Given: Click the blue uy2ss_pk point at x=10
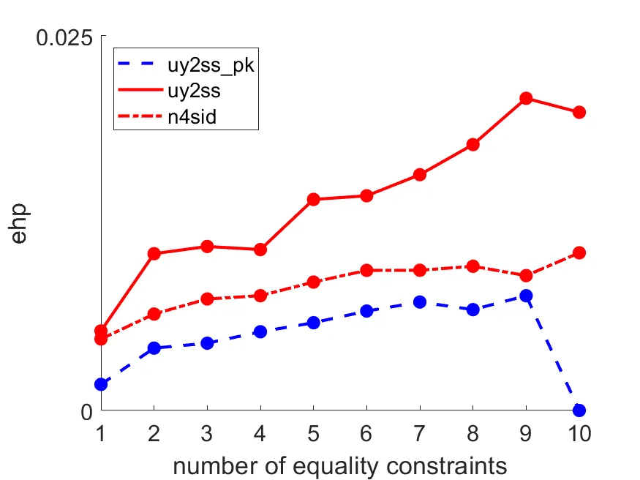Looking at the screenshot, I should click(x=579, y=410).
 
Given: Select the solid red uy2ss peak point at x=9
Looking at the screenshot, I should click(x=526, y=98).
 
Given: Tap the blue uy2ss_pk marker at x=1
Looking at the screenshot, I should click(x=101, y=384).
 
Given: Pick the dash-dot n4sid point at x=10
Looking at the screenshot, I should click(x=579, y=252).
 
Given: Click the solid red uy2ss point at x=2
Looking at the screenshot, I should click(x=154, y=254).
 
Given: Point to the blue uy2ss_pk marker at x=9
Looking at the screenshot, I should click(x=526, y=296).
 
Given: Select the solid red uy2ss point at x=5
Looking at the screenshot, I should click(x=314, y=199).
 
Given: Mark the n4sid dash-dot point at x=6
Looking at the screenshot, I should click(x=366, y=271).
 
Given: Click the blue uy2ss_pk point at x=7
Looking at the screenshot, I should click(x=420, y=301).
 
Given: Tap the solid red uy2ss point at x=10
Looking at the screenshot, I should click(x=579, y=112).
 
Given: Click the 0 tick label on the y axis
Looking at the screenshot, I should click(x=86, y=411).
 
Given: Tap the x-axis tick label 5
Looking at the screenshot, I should click(x=314, y=433).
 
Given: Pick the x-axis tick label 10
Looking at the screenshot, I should click(x=579, y=433).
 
